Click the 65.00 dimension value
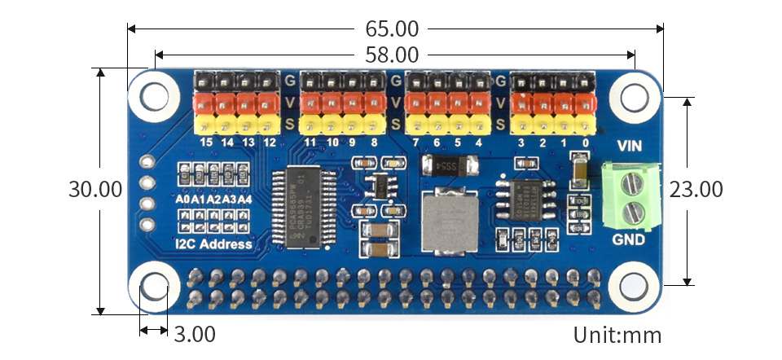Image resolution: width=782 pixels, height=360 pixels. (392, 29)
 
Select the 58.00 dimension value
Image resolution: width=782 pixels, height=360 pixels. (392, 55)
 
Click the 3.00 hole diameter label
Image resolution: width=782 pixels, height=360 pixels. (194, 334)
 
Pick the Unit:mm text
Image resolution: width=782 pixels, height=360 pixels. (617, 335)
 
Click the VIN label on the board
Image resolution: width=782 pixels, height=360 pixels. (631, 147)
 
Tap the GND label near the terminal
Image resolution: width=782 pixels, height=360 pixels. (629, 241)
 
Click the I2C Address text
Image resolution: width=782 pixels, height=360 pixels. (214, 244)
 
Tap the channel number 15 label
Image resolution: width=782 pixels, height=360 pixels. (206, 143)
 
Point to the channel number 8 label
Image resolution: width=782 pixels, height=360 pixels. (374, 143)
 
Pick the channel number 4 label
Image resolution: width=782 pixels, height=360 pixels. (478, 143)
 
